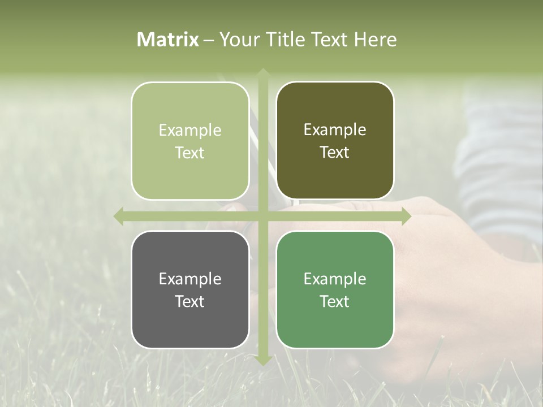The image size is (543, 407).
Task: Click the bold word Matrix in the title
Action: coord(168,40)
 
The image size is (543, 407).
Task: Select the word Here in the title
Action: coord(375,40)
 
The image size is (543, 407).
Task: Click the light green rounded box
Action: coord(190,141)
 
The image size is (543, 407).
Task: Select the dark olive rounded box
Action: coord(335,141)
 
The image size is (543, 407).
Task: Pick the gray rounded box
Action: coord(190,289)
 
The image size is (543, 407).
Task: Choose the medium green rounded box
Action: coord(335,289)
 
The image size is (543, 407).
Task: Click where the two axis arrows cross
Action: coord(263,216)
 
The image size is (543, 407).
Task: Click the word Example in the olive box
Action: coord(335,130)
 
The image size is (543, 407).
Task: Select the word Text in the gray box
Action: coord(190,301)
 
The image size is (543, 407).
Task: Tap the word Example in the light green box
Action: coord(190,131)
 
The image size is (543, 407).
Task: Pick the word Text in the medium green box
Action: coord(335,301)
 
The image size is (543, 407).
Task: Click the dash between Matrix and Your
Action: coord(209,40)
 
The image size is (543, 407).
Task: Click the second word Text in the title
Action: coord(328,40)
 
